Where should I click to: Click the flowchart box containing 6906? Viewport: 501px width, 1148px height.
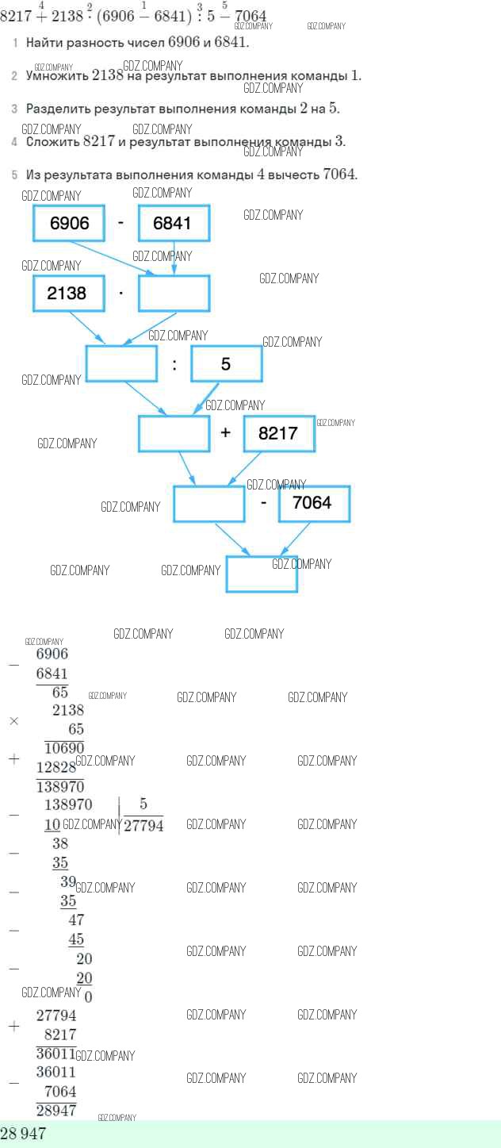click(x=69, y=223)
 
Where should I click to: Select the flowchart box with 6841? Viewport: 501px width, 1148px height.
click(x=174, y=223)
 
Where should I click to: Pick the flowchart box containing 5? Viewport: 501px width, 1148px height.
click(x=226, y=363)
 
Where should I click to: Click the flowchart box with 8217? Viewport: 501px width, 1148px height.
click(x=278, y=433)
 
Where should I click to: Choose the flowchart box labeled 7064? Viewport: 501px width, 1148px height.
click(x=313, y=503)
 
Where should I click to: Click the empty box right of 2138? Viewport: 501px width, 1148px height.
click(x=174, y=293)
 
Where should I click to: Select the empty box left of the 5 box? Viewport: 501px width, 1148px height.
click(x=121, y=363)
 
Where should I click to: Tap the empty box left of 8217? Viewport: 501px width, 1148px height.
click(x=174, y=433)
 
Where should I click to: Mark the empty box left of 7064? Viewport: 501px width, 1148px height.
click(x=208, y=503)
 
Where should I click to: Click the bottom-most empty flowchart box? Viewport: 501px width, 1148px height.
click(x=262, y=573)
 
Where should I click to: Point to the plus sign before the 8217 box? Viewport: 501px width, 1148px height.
click(x=226, y=433)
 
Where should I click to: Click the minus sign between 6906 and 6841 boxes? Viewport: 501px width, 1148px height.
click(x=120, y=223)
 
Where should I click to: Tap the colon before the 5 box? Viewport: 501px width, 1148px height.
click(x=174, y=364)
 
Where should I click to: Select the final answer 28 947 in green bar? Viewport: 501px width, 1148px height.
click(x=23, y=1134)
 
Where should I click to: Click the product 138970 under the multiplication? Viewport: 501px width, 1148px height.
click(x=60, y=786)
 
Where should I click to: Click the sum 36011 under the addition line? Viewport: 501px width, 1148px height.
click(x=55, y=1053)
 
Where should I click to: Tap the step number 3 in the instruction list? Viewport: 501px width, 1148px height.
click(x=14, y=109)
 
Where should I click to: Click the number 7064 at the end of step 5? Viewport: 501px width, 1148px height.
click(x=340, y=174)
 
